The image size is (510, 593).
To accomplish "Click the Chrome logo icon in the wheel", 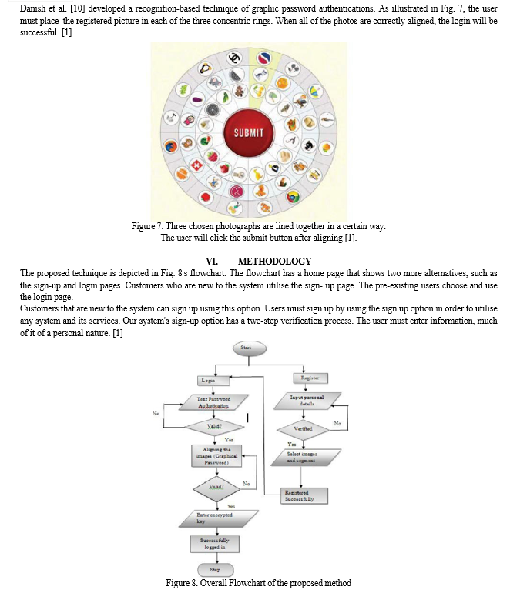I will pyautogui.click(x=293, y=196).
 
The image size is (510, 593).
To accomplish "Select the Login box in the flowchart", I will pyautogui.click(x=208, y=380).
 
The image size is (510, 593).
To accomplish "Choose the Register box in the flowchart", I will pyautogui.click(x=311, y=378).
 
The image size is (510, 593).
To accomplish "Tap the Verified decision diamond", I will pyautogui.click(x=303, y=428).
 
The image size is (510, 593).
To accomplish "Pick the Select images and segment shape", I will pyautogui.click(x=303, y=457).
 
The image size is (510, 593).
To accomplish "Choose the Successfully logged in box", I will pyautogui.click(x=215, y=544).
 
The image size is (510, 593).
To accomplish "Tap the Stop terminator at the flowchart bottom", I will pyautogui.click(x=215, y=569).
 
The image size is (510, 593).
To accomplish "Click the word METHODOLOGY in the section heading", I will pyautogui.click(x=275, y=261).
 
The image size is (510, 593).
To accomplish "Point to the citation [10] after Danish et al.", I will pyautogui.click(x=76, y=7).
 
